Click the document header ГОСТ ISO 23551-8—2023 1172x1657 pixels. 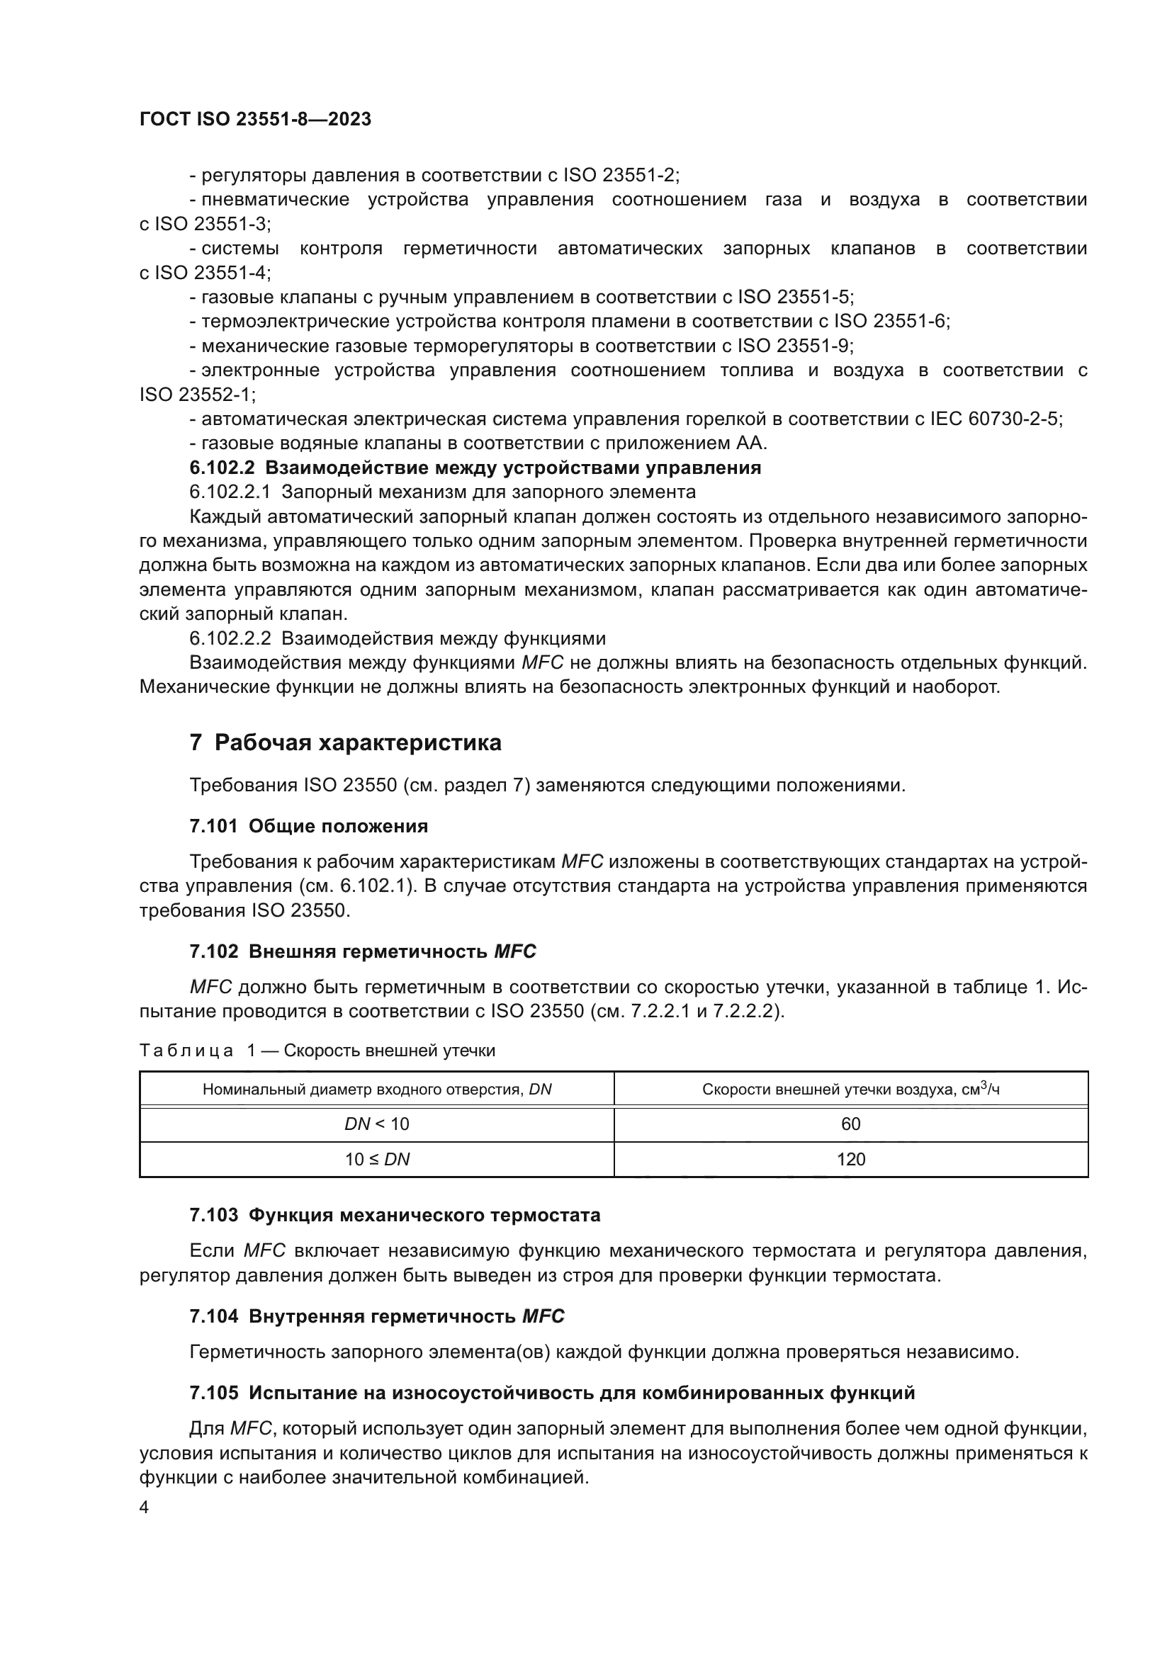(x=255, y=120)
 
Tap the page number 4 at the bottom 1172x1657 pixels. (x=145, y=1508)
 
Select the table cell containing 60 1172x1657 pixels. (x=850, y=1124)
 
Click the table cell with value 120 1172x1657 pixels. (x=850, y=1159)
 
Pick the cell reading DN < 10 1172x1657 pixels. (x=377, y=1124)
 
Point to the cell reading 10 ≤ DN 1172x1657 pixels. (x=377, y=1159)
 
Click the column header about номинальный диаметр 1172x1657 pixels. (x=377, y=1089)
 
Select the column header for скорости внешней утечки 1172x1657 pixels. (x=850, y=1089)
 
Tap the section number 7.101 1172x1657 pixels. (x=213, y=826)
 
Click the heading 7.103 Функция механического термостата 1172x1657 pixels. (x=395, y=1216)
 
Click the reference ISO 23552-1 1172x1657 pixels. (x=197, y=395)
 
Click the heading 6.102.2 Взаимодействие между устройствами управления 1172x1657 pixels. (x=475, y=468)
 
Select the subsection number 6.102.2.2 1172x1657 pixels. (x=230, y=639)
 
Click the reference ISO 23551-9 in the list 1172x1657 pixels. (x=794, y=346)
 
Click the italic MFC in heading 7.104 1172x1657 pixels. (x=543, y=1316)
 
